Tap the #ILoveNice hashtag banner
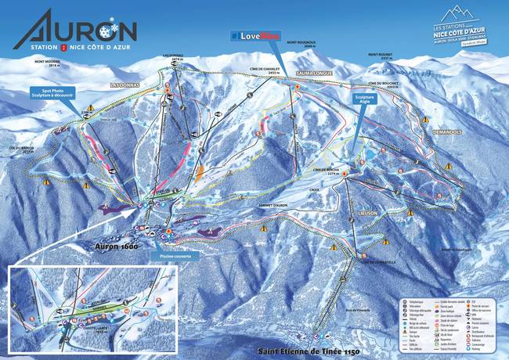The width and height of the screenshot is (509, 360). click(x=254, y=35)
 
